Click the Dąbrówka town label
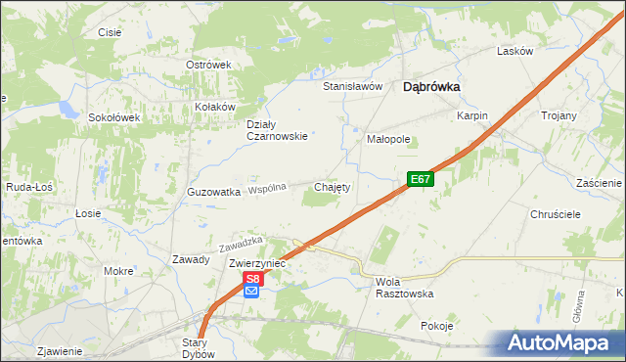click(431, 87)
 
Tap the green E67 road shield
click(420, 179)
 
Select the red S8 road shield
click(252, 278)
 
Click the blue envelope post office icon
click(252, 291)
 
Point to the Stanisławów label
click(352, 86)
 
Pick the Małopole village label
click(388, 139)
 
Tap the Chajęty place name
click(332, 186)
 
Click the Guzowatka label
click(213, 193)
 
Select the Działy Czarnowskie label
click(278, 130)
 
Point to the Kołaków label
click(216, 107)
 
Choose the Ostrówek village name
click(207, 65)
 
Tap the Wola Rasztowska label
click(404, 287)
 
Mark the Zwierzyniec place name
click(256, 264)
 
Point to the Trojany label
click(559, 115)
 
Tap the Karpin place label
click(472, 115)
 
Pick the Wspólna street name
click(267, 188)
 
